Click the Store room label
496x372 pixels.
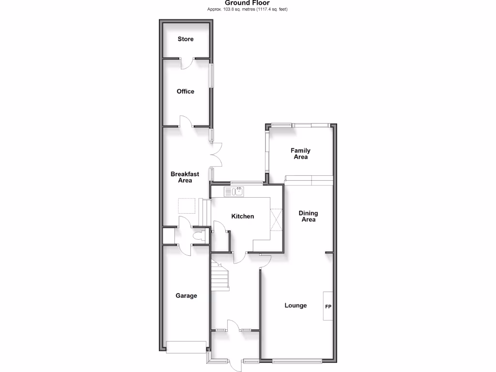click(186, 39)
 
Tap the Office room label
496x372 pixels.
click(186, 92)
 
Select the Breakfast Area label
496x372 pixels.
click(185, 177)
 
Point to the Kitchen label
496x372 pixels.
click(242, 217)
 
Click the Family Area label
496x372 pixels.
click(300, 154)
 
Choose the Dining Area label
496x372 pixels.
click(308, 216)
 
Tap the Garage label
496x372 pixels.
click(186, 295)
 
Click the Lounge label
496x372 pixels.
click(295, 306)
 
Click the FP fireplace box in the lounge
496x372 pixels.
click(328, 306)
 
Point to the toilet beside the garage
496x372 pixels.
click(199, 237)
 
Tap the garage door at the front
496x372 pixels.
click(186, 347)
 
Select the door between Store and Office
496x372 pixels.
click(186, 63)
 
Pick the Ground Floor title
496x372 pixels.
click(248, 3)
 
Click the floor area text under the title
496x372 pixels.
click(248, 9)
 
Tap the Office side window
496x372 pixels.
click(211, 76)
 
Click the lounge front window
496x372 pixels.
click(297, 360)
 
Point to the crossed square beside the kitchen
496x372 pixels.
click(277, 219)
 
